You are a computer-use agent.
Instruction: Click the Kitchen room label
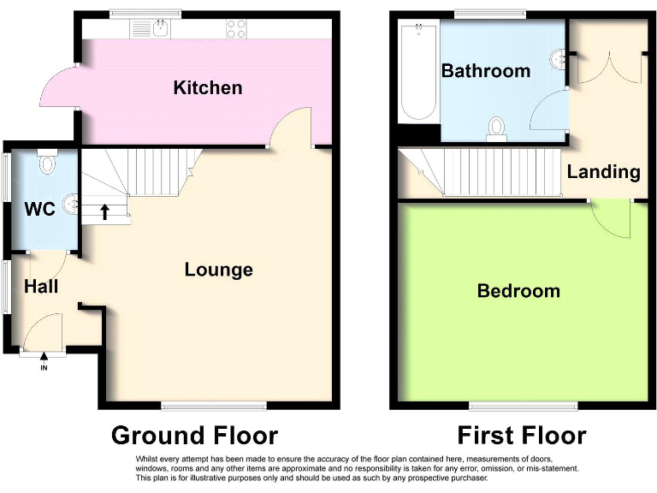tap(207, 87)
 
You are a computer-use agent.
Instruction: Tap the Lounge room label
tap(218, 270)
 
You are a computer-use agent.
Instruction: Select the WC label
tap(39, 209)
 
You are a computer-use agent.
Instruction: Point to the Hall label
tap(41, 286)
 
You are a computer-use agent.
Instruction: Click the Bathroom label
tap(485, 71)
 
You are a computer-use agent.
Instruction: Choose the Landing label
tap(603, 171)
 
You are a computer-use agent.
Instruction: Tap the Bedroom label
tap(518, 291)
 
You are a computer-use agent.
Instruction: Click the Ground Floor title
tap(194, 436)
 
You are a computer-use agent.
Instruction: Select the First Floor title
tap(522, 436)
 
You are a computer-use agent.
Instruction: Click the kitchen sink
tap(159, 29)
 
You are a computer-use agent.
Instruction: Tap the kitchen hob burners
tap(235, 30)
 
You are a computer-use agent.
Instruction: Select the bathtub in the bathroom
tap(419, 73)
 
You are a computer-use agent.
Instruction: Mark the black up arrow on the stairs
tap(104, 211)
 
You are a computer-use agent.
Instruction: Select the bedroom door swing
tap(613, 218)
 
